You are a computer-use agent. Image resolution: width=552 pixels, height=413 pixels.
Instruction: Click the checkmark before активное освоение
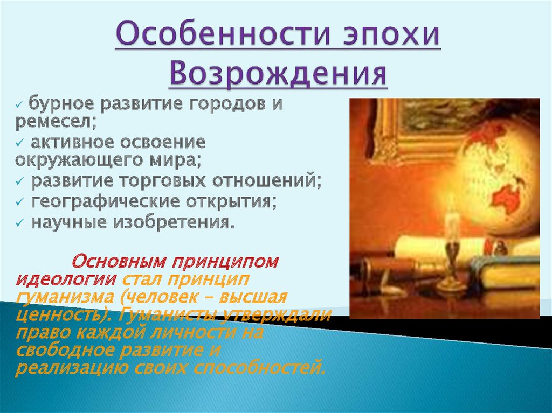pyautogui.click(x=19, y=143)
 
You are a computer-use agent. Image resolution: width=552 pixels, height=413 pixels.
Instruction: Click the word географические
pyautogui.click(x=106, y=201)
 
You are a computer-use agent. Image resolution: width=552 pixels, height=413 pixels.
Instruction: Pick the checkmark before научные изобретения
pyautogui.click(x=19, y=223)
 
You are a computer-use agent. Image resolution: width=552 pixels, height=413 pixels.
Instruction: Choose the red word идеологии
pyautogui.click(x=66, y=279)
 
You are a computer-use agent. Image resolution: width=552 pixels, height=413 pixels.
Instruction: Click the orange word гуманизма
pyautogui.click(x=65, y=298)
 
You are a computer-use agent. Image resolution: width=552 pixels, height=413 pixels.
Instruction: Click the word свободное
pyautogui.click(x=65, y=351)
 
